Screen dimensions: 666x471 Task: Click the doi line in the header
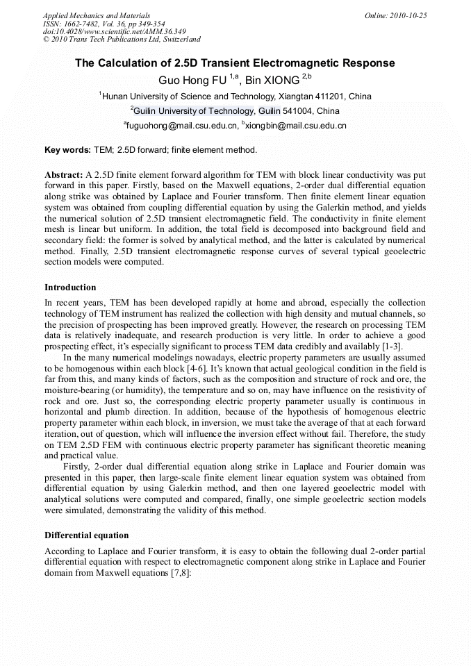[114, 32]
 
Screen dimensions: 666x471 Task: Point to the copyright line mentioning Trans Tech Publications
[122, 40]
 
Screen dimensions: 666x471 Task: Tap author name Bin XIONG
[274, 81]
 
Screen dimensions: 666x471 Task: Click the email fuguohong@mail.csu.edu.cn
[181, 126]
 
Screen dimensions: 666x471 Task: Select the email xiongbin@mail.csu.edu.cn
[296, 126]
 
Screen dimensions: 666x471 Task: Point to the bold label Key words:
[67, 150]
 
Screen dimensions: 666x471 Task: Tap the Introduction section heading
[70, 288]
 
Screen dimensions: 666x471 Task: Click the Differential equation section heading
[86, 535]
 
